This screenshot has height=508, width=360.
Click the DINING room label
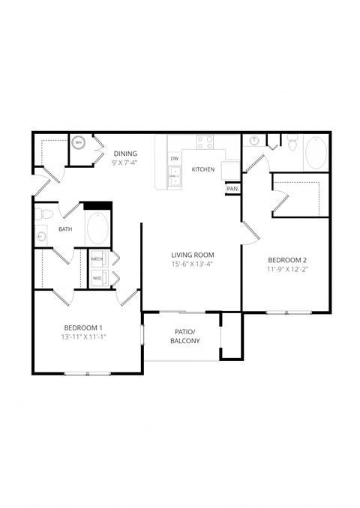[125, 154]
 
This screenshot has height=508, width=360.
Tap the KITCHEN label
[203, 169]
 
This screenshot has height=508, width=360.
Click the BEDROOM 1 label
[82, 328]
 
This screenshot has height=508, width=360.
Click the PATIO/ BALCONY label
[184, 336]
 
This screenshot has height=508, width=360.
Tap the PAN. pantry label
[232, 189]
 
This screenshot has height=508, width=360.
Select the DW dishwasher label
[174, 158]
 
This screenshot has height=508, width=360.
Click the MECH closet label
[97, 259]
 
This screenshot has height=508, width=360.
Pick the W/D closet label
[97, 278]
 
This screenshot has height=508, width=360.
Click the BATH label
[65, 229]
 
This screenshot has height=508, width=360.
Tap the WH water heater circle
[79, 143]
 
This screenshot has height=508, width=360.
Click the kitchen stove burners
[205, 142]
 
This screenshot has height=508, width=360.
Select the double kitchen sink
[175, 177]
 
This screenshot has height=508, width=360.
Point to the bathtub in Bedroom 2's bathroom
[316, 154]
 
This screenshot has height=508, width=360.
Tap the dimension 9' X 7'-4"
[125, 163]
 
